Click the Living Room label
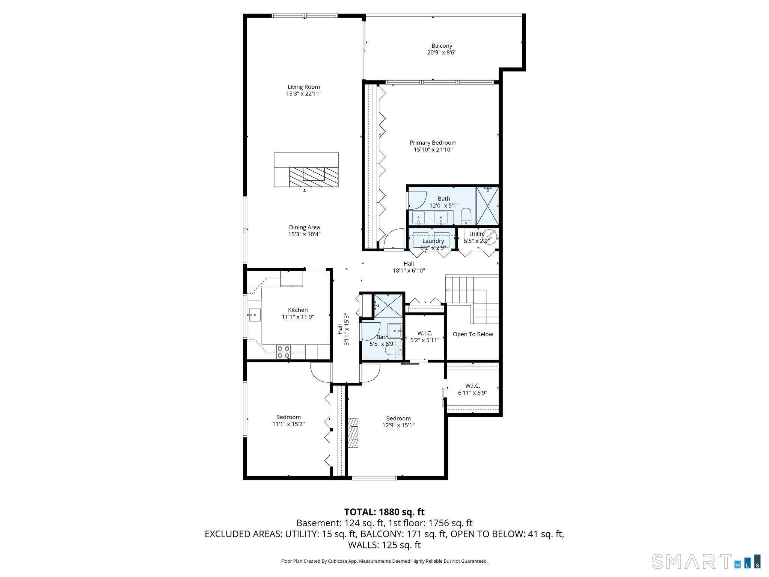pos(304,87)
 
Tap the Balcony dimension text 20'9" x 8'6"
pos(442,53)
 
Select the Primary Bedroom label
pos(433,143)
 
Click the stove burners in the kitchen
pos(283,352)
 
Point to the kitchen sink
pos(255,313)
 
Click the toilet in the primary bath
pos(466,216)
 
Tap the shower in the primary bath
pos(487,206)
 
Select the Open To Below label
pos(473,334)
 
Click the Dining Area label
pos(304,227)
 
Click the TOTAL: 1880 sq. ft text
pos(384,512)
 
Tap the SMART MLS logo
pos(706,561)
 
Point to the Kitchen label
pos(298,310)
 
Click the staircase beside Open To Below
pos(472,299)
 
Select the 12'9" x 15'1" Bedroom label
pos(398,418)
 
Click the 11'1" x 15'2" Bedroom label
pos(288,417)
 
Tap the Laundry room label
pos(433,241)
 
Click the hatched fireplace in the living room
pos(314,177)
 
